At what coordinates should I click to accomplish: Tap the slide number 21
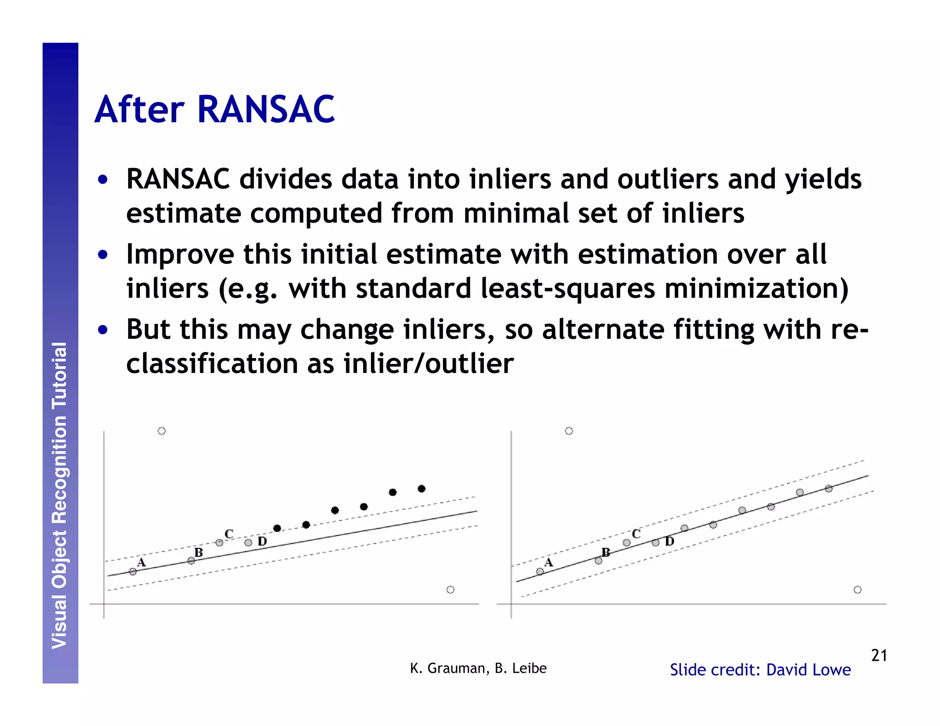coord(878,655)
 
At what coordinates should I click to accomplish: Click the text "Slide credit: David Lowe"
coord(760,670)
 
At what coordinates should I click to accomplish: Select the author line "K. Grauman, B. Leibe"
coord(478,668)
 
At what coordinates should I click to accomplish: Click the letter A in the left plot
coord(141,562)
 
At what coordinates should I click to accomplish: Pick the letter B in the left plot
coord(198,553)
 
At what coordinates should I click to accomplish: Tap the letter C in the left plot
coord(229,534)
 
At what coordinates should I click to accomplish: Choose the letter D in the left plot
coord(262,542)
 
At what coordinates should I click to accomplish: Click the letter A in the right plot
coord(548,562)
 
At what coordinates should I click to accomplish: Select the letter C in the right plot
coord(636,534)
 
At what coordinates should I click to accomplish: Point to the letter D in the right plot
coord(670,542)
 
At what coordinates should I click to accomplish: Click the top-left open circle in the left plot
coord(162,431)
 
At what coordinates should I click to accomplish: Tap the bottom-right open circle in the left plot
coord(450,590)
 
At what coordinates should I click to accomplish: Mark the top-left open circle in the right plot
coord(569,431)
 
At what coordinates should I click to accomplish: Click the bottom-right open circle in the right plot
coord(857,590)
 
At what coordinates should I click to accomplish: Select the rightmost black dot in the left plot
coord(421,489)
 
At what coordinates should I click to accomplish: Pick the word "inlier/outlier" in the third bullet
coord(428,364)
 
